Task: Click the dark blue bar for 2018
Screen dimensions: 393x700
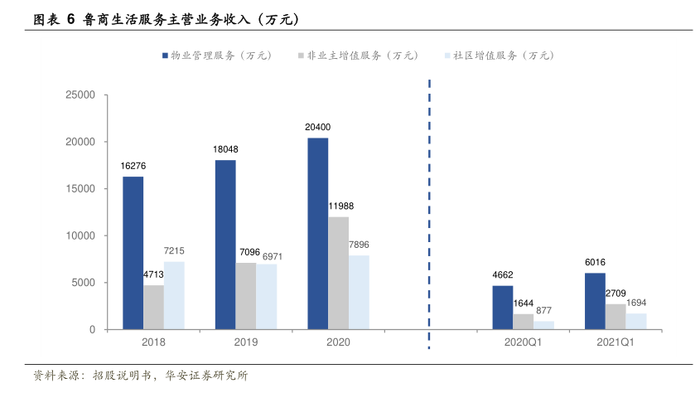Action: coord(133,253)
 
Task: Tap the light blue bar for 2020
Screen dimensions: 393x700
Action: coord(359,292)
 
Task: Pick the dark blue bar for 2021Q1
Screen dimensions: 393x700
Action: coord(595,301)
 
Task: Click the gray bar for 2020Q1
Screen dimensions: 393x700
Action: coord(524,322)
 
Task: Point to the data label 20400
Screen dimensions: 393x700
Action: coord(317,127)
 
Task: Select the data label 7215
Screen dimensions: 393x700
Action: coord(174,250)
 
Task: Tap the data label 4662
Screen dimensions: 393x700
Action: coord(502,274)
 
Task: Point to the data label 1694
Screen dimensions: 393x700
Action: coord(636,303)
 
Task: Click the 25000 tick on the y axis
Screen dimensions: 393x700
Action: coord(81,95)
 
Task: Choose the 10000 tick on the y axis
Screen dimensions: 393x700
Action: coord(81,236)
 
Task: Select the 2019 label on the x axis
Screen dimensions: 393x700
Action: coord(246,342)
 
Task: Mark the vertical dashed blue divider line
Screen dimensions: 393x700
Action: coord(429,207)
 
